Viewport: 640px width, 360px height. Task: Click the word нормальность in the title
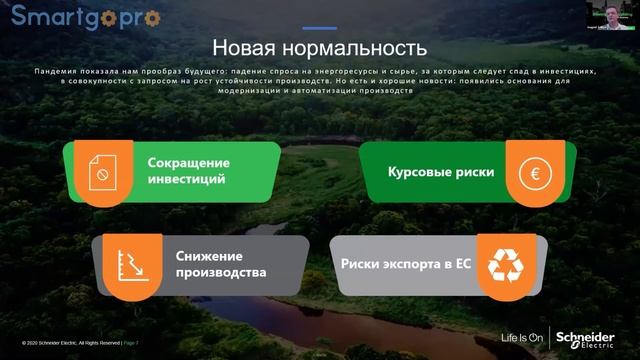[358, 47]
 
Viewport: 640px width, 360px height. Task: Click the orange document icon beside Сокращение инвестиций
[103, 172]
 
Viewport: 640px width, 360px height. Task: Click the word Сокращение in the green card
[188, 162]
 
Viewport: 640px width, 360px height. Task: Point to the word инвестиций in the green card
[186, 180]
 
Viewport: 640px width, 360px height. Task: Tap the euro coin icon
[535, 172]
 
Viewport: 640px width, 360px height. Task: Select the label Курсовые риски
[441, 172]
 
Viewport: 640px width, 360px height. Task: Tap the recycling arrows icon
[505, 265]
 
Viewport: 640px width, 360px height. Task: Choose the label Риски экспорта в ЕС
[405, 265]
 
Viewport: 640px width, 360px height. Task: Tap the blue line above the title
[319, 28]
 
